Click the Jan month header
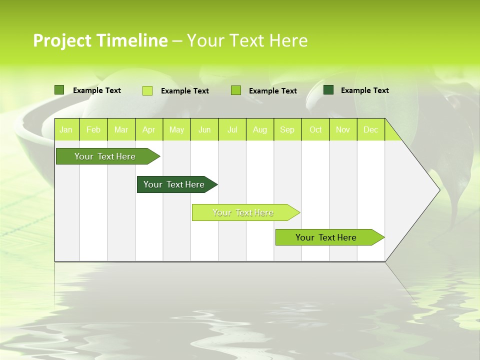66,130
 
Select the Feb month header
93,130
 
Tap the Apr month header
149,130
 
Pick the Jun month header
204,130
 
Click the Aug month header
260,130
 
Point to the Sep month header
287,130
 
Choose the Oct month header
315,130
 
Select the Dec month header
371,130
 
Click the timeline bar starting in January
105,156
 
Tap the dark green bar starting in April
174,184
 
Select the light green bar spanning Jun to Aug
243,212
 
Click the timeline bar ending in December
326,237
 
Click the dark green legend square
328,90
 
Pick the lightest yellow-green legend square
147,90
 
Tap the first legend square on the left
59,90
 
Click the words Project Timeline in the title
100,40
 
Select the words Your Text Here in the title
247,40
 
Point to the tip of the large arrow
438,189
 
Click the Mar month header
121,130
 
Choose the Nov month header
343,130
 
